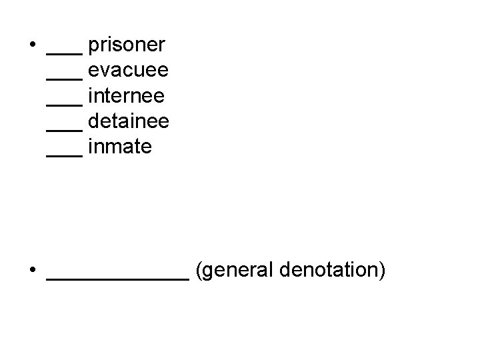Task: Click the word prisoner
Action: click(x=127, y=46)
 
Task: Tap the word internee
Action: click(x=126, y=96)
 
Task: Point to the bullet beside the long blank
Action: click(x=32, y=272)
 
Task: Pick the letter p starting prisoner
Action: click(x=93, y=48)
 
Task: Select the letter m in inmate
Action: click(x=113, y=147)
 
